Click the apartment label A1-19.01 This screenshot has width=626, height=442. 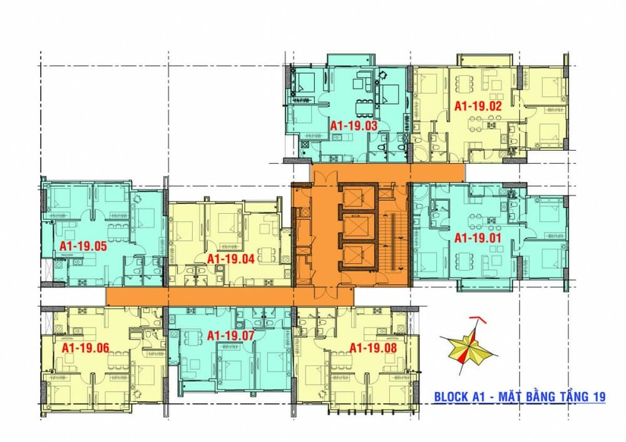[478, 238]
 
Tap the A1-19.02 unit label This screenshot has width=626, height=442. [478, 106]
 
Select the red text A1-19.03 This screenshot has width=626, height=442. [354, 126]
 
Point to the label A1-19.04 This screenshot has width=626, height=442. [231, 259]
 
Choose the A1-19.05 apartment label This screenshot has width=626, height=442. [83, 246]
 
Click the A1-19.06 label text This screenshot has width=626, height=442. [85, 348]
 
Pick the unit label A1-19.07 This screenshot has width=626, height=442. [231, 336]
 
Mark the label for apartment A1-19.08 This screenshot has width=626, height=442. [373, 348]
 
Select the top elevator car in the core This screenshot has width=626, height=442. [358, 198]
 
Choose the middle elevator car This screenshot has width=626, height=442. [358, 227]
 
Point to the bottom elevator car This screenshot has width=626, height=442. [358, 256]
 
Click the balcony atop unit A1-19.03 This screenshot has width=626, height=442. [351, 60]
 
